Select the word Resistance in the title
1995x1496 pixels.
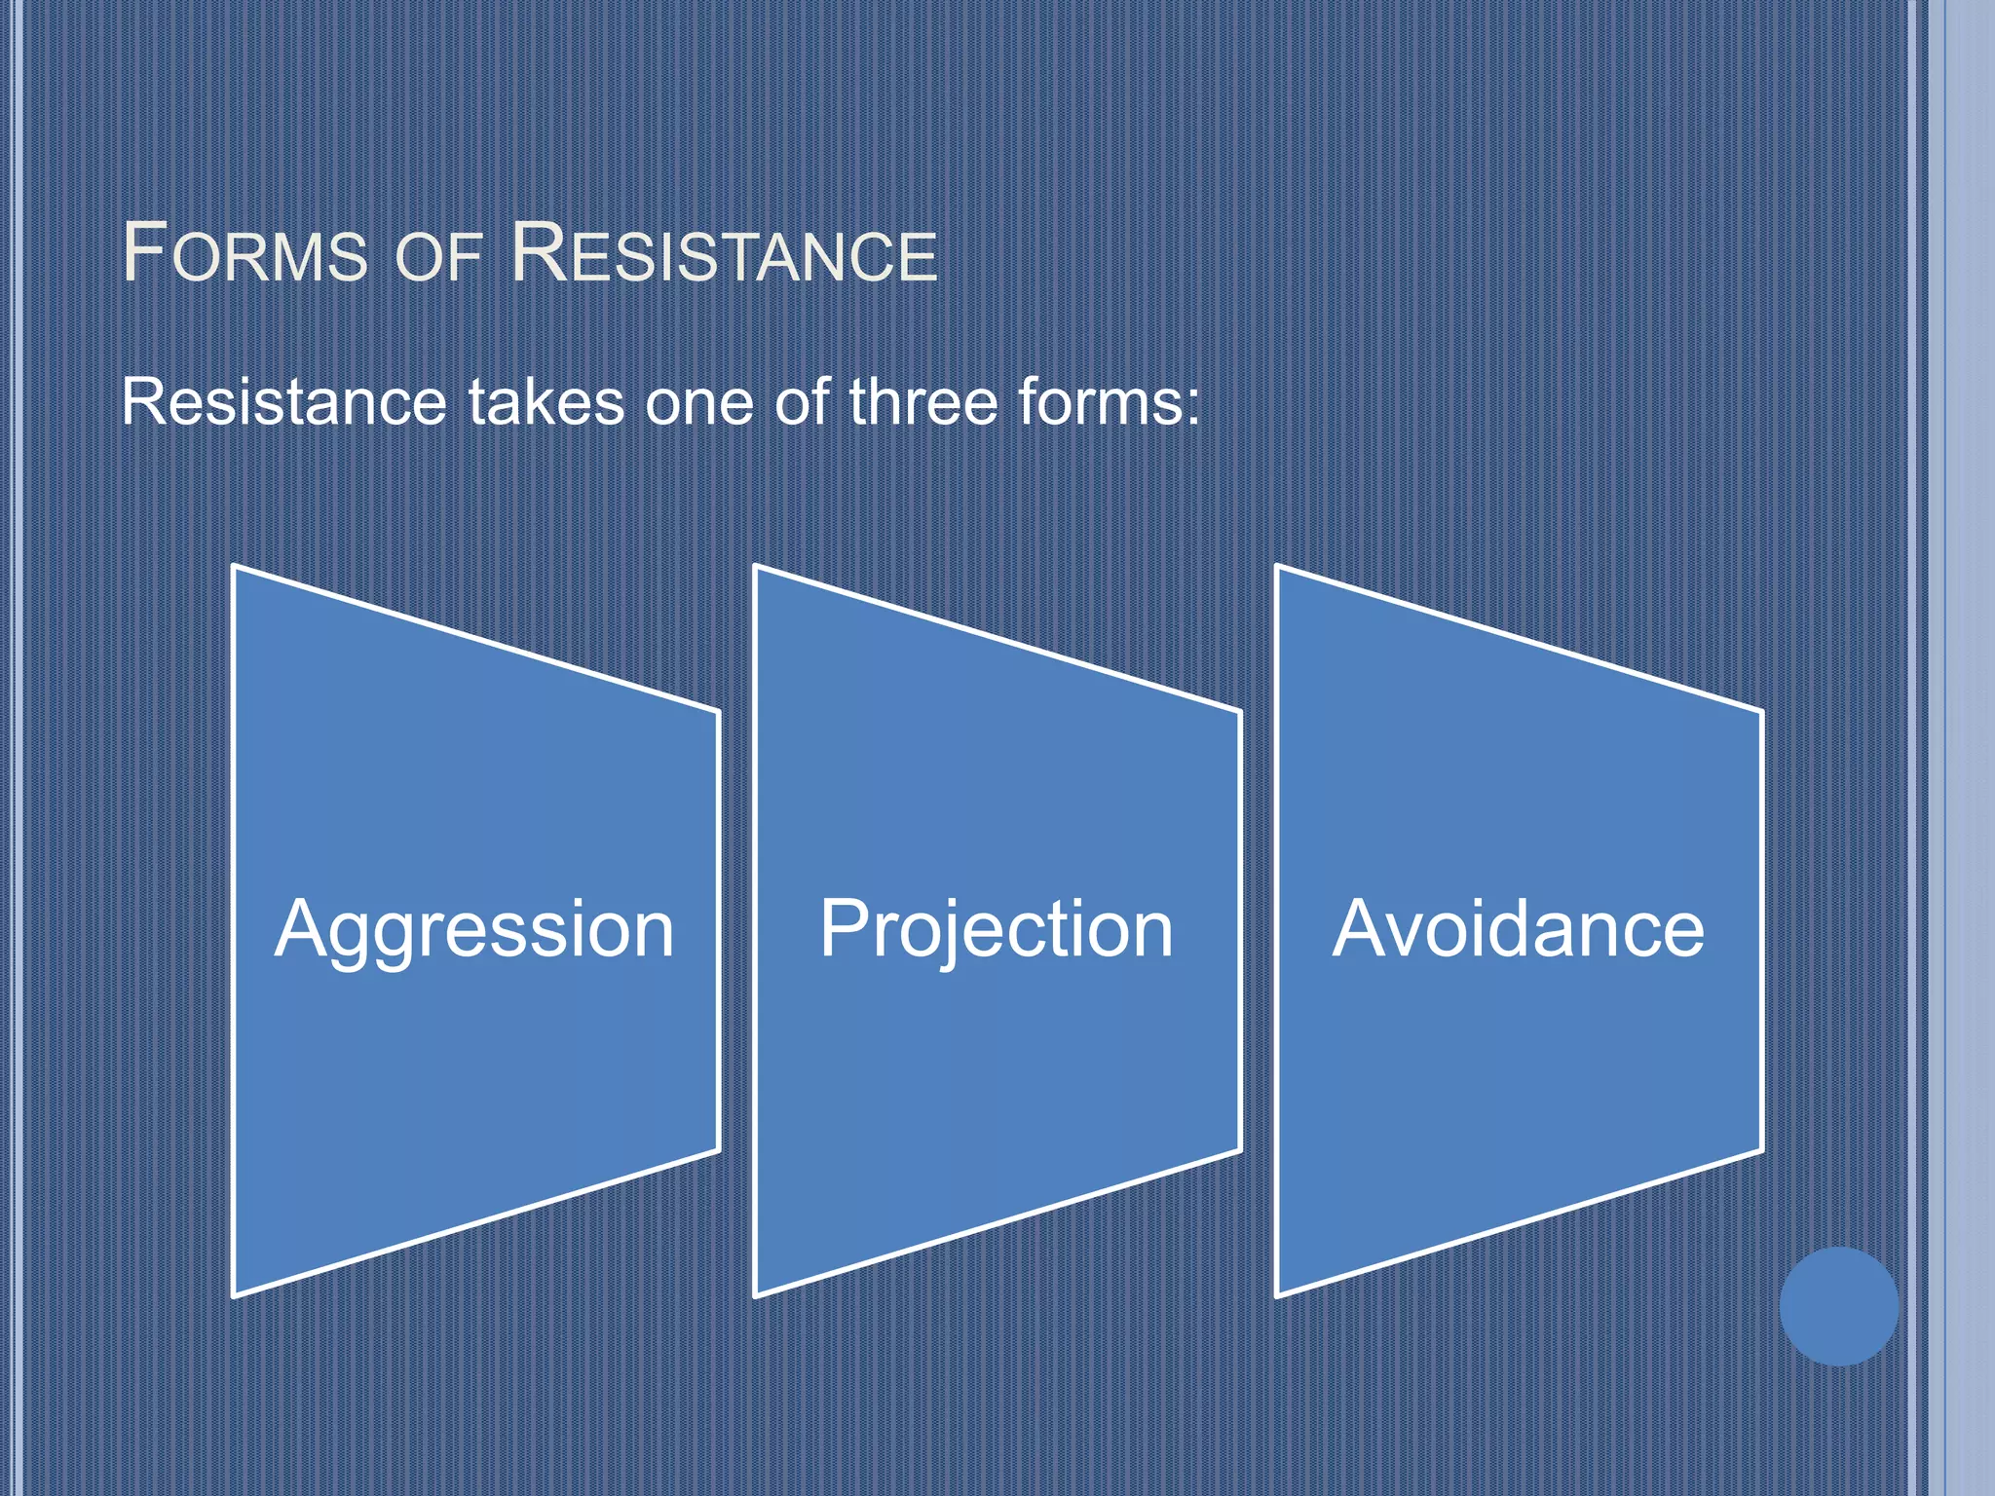point(724,254)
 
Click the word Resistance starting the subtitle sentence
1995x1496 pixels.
point(283,402)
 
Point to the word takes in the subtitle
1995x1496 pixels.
point(546,402)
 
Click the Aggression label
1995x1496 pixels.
point(474,930)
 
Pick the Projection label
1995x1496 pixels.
point(996,930)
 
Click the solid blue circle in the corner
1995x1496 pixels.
point(1838,1306)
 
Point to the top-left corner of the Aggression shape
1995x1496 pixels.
point(235,567)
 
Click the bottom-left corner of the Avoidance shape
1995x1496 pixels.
point(1278,1295)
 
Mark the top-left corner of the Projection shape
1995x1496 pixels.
point(756,567)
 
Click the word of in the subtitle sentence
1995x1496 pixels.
point(801,402)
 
